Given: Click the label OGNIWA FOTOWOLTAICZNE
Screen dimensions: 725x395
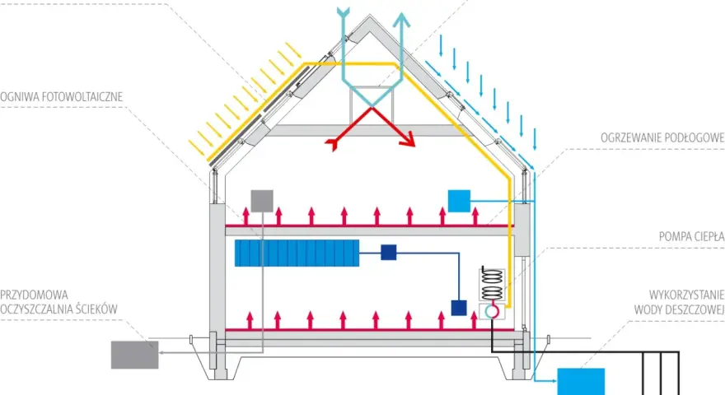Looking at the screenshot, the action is click(x=62, y=97).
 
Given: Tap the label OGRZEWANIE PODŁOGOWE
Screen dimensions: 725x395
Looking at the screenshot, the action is click(x=662, y=137).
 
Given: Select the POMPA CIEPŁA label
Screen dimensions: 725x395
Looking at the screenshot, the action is click(x=692, y=236).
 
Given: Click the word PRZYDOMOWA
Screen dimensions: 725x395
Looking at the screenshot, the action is click(x=35, y=295).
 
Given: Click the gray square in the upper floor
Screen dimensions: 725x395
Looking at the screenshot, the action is click(x=262, y=201).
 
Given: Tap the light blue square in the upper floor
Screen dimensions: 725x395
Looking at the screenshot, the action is click(x=459, y=201).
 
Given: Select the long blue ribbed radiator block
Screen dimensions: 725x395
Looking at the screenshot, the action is click(x=297, y=253).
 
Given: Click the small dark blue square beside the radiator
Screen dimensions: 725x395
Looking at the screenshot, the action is click(x=388, y=253).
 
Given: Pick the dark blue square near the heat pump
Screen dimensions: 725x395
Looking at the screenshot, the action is click(x=459, y=308).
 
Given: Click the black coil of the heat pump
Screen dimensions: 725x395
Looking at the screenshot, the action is click(x=492, y=284).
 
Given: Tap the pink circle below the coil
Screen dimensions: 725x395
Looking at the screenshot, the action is click(x=492, y=311).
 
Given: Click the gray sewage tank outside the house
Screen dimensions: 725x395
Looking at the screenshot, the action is click(x=134, y=355).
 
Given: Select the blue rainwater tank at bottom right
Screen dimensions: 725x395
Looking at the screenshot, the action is click(x=581, y=382).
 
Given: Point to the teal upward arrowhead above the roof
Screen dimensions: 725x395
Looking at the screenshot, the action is click(x=402, y=21).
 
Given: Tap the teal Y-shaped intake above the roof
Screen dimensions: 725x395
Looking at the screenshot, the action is click(x=343, y=12).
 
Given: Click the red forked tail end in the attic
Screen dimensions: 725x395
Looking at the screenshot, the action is click(x=332, y=145).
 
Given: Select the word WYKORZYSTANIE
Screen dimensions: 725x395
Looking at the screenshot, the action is click(x=686, y=295).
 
